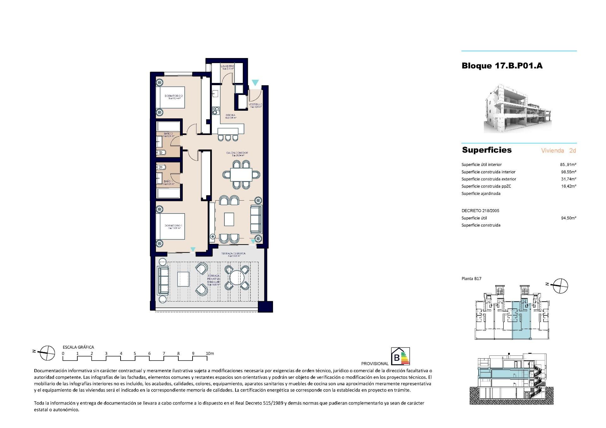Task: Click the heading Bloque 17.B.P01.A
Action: (502, 66)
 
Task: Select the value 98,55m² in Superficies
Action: (568, 172)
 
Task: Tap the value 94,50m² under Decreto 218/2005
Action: (568, 218)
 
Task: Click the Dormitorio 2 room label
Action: (174, 96)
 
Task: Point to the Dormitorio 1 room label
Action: (173, 226)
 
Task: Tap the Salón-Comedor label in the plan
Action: (237, 153)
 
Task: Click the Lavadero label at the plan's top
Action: (227, 66)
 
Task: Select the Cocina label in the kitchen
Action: (230, 115)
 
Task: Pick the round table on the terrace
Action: (237, 278)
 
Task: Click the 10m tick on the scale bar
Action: (210, 354)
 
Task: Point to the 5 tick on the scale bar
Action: (135, 354)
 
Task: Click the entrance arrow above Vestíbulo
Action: (255, 83)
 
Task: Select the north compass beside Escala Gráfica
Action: (47, 353)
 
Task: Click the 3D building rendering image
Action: (518, 109)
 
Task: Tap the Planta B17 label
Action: (471, 278)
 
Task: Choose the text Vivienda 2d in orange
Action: (558, 150)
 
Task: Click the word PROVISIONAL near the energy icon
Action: (375, 364)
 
